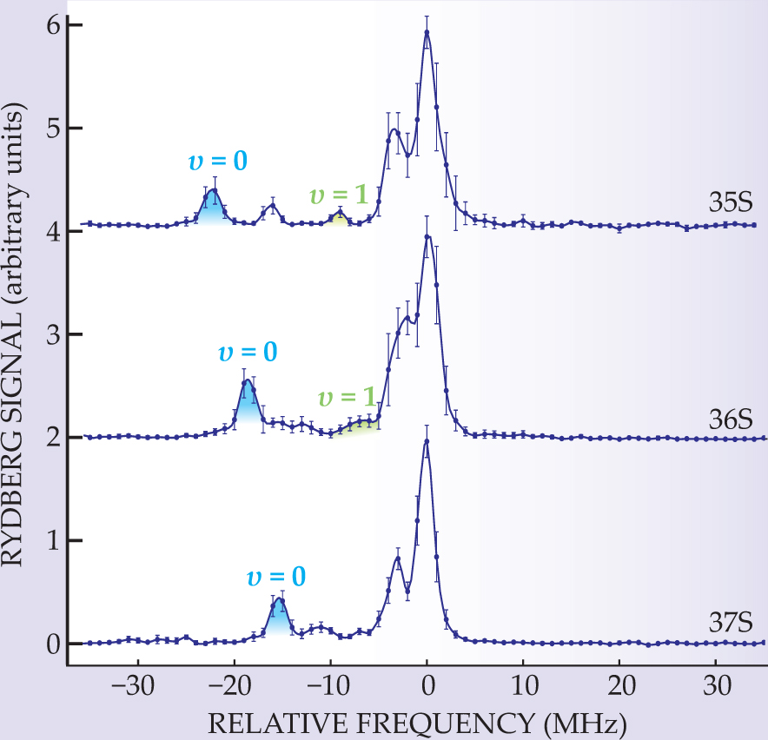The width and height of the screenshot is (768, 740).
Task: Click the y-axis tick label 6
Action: pyautogui.click(x=51, y=25)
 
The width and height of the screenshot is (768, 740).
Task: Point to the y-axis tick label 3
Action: pyautogui.click(x=51, y=334)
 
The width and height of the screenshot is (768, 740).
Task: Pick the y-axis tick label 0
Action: pyautogui.click(x=51, y=644)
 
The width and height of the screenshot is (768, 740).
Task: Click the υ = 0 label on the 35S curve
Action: pyautogui.click(x=216, y=162)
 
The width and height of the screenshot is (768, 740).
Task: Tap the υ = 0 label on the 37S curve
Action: pyautogui.click(x=276, y=578)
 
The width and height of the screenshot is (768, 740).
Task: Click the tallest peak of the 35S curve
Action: pyautogui.click(x=427, y=31)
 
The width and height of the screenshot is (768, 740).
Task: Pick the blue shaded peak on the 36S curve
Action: pyautogui.click(x=248, y=395)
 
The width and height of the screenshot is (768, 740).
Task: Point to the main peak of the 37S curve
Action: pyautogui.click(x=427, y=441)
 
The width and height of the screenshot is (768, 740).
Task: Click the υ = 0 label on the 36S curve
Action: pyautogui.click(x=247, y=352)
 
